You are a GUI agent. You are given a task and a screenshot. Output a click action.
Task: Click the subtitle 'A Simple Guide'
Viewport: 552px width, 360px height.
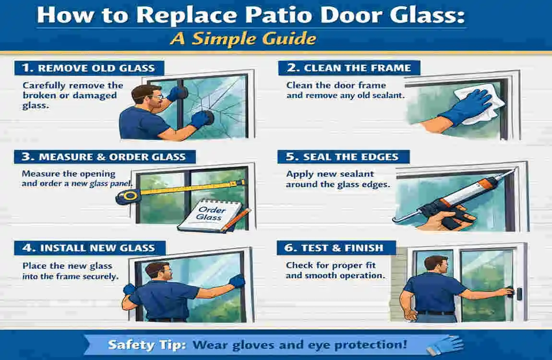(243, 38)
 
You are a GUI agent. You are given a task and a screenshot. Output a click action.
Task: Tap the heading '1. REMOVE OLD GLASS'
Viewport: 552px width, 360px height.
(89, 68)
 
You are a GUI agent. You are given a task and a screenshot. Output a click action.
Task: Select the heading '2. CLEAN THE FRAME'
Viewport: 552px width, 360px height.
(349, 68)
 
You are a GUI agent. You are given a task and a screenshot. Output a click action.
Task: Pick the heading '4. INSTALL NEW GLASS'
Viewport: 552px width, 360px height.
(89, 248)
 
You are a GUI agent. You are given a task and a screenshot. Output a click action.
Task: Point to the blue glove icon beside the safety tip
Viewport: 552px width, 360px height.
(445, 345)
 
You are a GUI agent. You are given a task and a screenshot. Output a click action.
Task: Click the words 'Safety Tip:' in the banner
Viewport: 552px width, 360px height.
(147, 345)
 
